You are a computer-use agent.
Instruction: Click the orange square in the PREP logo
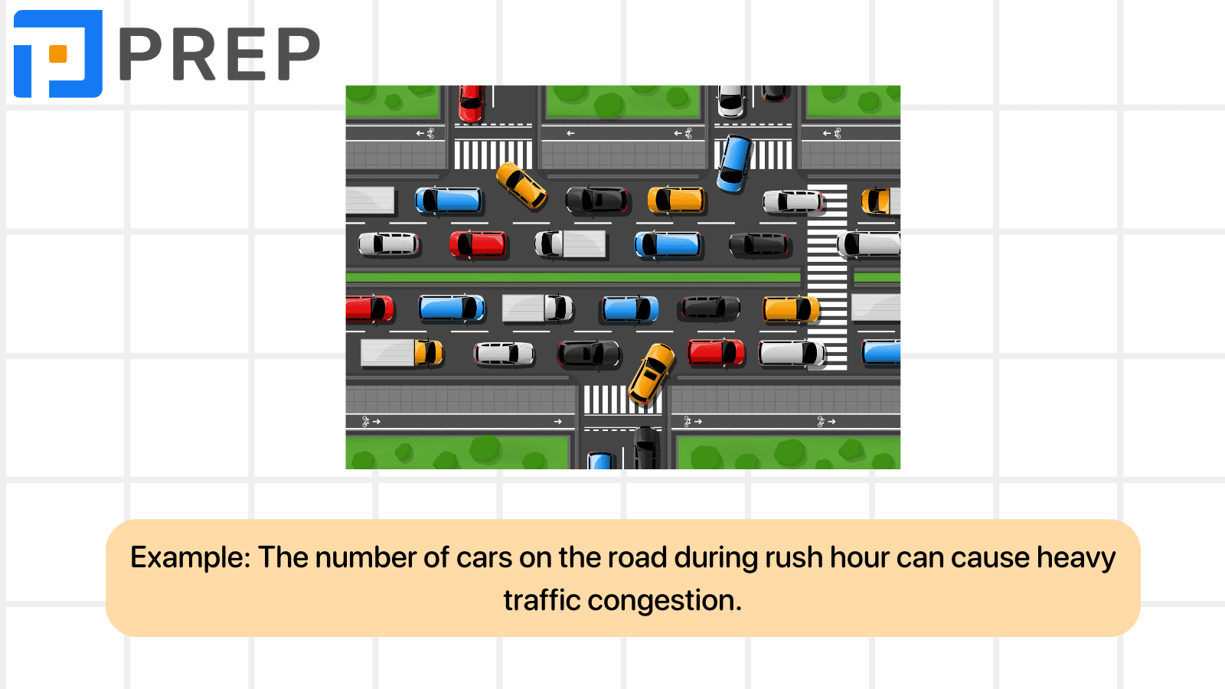pyautogui.click(x=58, y=54)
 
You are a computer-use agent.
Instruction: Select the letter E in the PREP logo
pyautogui.click(x=246, y=54)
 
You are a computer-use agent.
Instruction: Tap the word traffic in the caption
pyautogui.click(x=542, y=600)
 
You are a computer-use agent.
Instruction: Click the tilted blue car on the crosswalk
pyautogui.click(x=735, y=164)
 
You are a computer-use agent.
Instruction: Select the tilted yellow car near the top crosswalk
pyautogui.click(x=521, y=185)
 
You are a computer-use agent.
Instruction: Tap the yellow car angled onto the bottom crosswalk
pyautogui.click(x=652, y=374)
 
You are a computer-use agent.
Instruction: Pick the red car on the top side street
pyautogui.click(x=470, y=103)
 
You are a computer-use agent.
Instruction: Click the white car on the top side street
pyautogui.click(x=731, y=101)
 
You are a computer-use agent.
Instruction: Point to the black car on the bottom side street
pyautogui.click(x=647, y=448)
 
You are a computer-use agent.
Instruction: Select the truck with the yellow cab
pyautogui.click(x=401, y=353)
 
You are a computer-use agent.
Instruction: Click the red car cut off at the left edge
pyautogui.click(x=370, y=308)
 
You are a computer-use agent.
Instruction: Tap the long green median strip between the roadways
pyautogui.click(x=573, y=277)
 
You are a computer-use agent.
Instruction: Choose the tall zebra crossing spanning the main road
pyautogui.click(x=827, y=277)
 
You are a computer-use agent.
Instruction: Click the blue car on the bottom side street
pyautogui.click(x=600, y=460)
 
